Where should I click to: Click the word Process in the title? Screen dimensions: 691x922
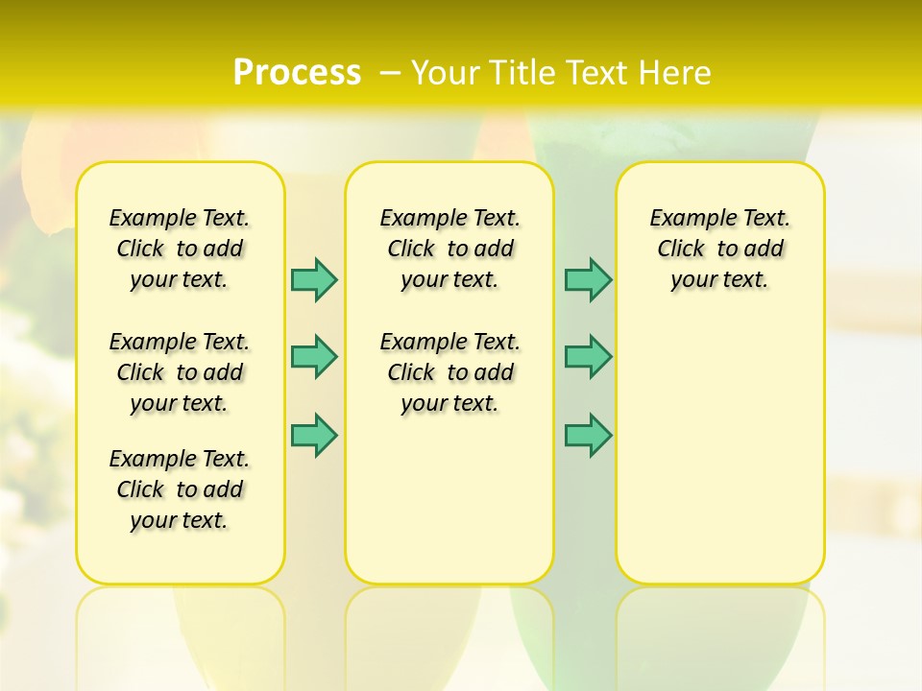(x=297, y=73)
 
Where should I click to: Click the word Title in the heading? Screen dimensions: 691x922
(x=522, y=73)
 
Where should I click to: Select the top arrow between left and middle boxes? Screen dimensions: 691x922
(x=314, y=279)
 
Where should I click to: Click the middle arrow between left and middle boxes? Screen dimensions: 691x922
(x=314, y=357)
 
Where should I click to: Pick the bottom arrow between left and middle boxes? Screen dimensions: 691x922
(x=314, y=436)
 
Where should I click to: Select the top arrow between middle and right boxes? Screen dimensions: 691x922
(x=588, y=279)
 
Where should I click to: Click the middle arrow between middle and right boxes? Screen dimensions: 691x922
(x=588, y=357)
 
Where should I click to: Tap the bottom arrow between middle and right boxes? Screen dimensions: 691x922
(x=588, y=436)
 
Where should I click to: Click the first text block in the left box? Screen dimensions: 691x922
(x=180, y=249)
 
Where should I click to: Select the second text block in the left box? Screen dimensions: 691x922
(x=180, y=372)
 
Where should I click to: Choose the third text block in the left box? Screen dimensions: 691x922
(x=180, y=489)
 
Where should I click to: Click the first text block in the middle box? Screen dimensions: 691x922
(x=449, y=249)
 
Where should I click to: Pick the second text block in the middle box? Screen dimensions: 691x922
(x=449, y=372)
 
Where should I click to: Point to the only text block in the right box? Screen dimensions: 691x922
(x=720, y=249)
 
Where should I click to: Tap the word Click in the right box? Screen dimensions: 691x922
(x=681, y=250)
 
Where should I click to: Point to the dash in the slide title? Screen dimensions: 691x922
(x=390, y=73)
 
